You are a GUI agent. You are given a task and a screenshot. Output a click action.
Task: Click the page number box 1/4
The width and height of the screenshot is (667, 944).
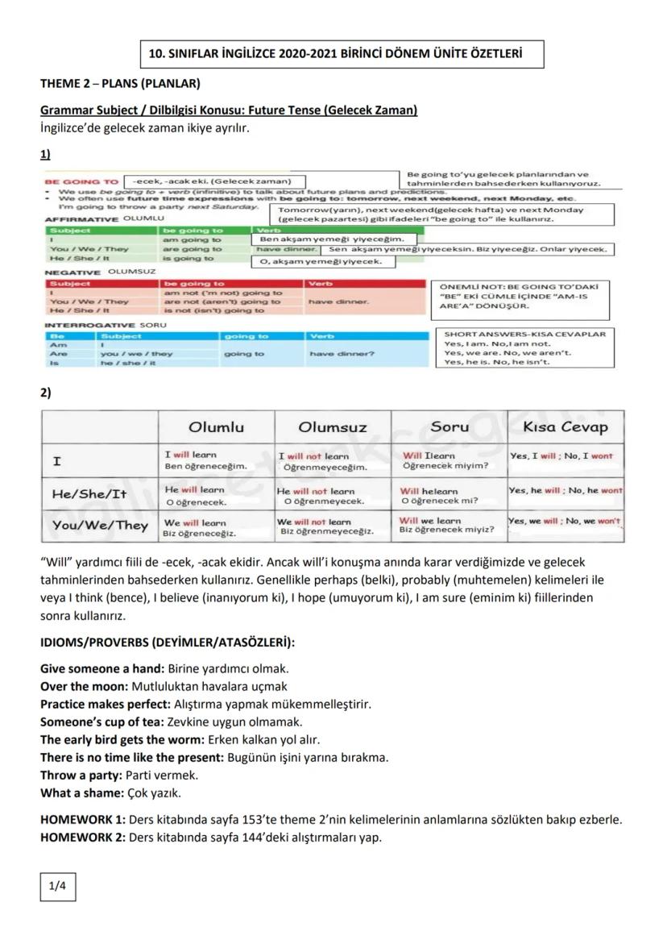click(57, 888)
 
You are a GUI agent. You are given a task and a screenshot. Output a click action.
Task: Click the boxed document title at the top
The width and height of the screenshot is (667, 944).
click(336, 55)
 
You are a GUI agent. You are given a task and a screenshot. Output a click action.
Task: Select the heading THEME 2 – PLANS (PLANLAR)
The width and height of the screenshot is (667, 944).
click(120, 83)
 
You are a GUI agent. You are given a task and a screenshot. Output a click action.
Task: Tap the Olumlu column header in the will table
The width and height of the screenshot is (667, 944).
click(216, 426)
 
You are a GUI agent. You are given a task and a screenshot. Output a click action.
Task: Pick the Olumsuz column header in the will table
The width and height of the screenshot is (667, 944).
click(333, 426)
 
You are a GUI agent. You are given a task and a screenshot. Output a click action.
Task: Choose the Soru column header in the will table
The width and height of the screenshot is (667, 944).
click(449, 426)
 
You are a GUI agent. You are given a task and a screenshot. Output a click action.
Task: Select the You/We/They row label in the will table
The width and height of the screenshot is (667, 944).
click(100, 526)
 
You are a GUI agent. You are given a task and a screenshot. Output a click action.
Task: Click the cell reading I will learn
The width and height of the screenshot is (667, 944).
click(191, 455)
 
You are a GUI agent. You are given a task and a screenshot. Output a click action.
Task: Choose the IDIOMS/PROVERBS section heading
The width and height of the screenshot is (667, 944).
click(168, 643)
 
